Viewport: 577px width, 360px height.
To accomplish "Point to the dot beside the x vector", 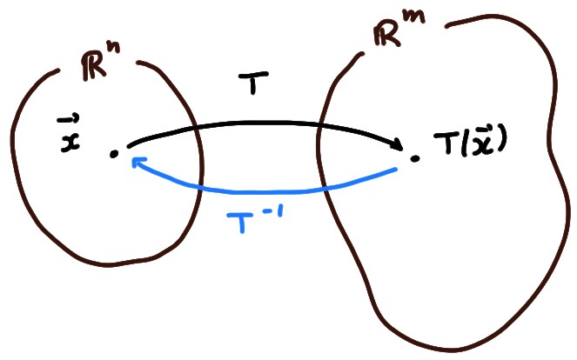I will [x=114, y=154].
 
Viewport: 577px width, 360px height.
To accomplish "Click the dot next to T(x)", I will [x=415, y=158].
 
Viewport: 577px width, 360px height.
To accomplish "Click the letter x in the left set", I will [x=70, y=140].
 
